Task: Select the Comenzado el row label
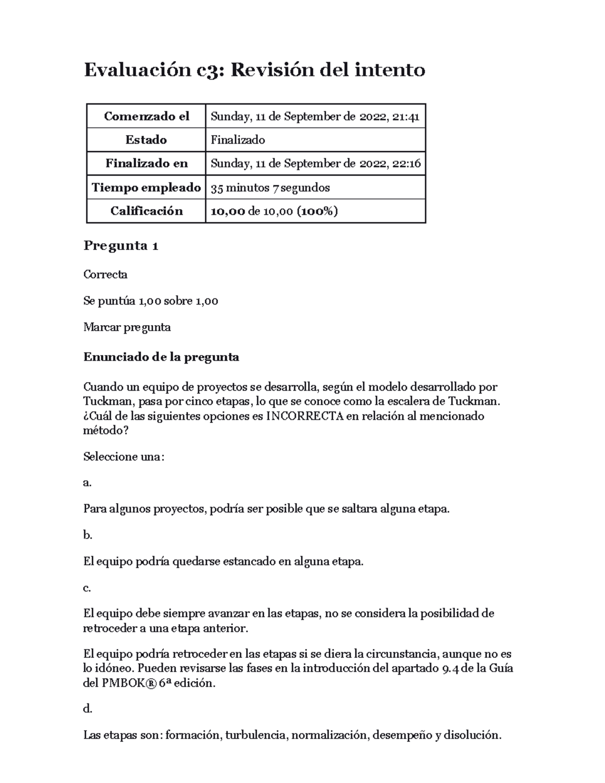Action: tap(146, 116)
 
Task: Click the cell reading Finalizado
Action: tap(237, 140)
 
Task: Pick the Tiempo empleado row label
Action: tap(146, 188)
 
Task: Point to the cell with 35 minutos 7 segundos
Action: tap(270, 188)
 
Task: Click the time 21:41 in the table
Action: tap(406, 116)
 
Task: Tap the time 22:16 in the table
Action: tap(406, 163)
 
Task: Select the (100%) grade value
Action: tap(317, 211)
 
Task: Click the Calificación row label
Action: tap(146, 211)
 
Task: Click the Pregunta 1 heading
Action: tap(121, 246)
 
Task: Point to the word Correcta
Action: tap(105, 275)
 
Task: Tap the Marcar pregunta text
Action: tap(127, 327)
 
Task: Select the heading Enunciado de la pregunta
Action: tap(161, 357)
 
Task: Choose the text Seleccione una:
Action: tap(124, 457)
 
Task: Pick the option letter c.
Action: tap(87, 588)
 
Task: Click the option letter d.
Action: tap(87, 709)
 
